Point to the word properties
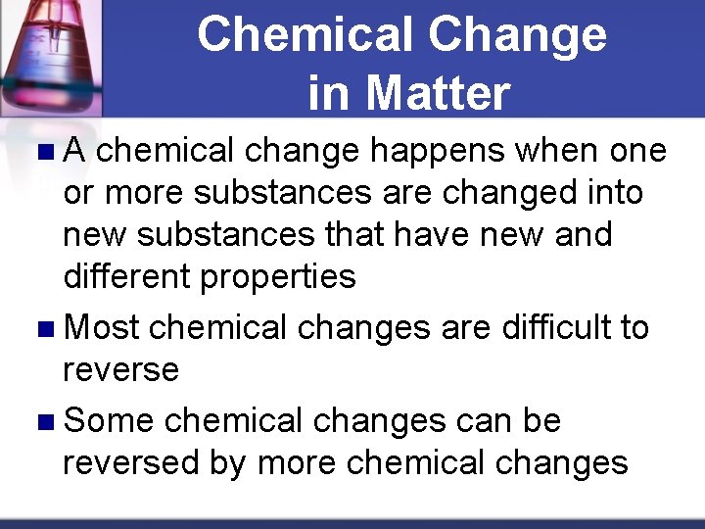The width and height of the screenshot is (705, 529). (x=278, y=277)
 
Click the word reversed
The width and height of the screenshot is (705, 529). (x=132, y=461)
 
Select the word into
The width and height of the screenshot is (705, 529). (x=616, y=193)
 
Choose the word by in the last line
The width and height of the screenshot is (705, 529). (x=227, y=461)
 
